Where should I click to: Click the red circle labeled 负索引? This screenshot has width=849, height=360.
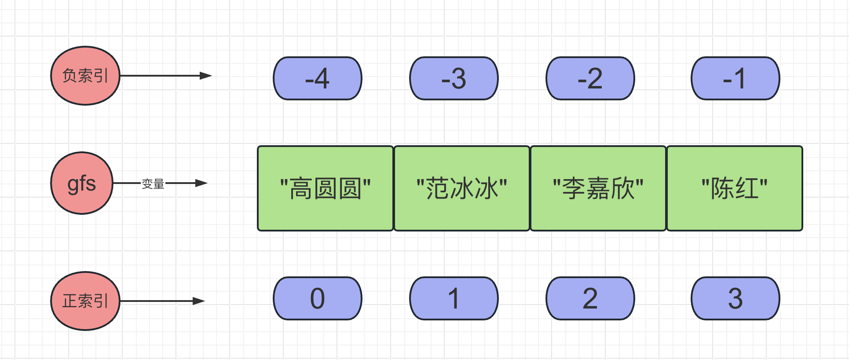tap(85, 76)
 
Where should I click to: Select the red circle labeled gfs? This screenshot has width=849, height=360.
tap(82, 183)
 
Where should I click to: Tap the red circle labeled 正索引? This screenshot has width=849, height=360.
tap(85, 301)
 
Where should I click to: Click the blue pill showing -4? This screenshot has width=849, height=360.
tap(318, 78)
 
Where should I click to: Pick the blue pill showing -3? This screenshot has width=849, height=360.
tap(454, 78)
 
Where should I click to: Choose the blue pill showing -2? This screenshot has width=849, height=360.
tap(590, 78)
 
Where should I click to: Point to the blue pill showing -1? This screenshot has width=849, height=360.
tap(736, 78)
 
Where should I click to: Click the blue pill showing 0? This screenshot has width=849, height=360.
tap(318, 298)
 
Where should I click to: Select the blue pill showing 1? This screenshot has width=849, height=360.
tap(454, 298)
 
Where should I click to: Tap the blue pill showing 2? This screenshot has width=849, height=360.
tap(590, 298)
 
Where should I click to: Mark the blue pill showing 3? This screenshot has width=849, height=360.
tap(736, 298)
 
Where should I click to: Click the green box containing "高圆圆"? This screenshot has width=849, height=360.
tap(326, 188)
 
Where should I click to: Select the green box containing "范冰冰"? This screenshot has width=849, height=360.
tap(462, 188)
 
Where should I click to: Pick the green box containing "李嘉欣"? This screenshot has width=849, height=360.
tap(598, 188)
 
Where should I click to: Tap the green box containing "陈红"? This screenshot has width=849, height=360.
tap(735, 188)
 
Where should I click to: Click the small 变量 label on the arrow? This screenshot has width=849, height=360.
tap(153, 184)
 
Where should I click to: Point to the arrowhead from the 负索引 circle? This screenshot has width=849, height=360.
tap(206, 76)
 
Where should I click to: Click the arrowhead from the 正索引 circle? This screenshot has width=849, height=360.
tap(199, 301)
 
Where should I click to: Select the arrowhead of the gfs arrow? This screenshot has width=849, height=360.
tap(201, 183)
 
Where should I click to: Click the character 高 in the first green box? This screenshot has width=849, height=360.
tap(301, 188)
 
